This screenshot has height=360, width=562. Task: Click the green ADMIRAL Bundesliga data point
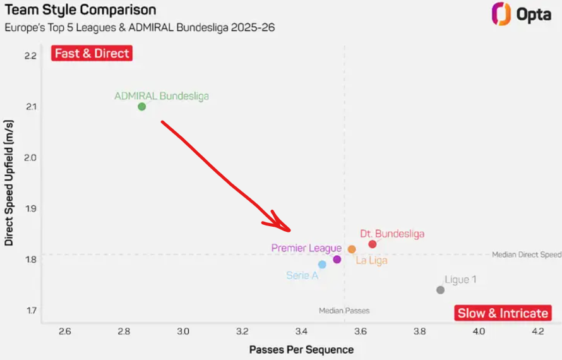pos(142,106)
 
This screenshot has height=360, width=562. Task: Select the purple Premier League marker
pos(337,259)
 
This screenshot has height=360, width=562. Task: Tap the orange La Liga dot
pos(352,249)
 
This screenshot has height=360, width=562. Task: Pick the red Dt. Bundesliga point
pos(373,244)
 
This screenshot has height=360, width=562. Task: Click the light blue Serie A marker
pos(322,265)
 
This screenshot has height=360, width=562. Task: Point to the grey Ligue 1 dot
pos(440,290)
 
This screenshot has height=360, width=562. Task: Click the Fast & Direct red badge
pos(92,53)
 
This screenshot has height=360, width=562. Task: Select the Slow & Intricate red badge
pos(503,313)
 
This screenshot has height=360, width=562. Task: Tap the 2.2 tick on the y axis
pos(30,56)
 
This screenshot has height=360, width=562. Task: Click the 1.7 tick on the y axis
pos(30,310)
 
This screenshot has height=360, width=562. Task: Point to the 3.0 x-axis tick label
pos(183,331)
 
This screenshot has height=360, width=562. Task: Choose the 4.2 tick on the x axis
pos(537,331)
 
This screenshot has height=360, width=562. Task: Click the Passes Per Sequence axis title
pos(301,349)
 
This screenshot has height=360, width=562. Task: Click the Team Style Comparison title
pos(81,10)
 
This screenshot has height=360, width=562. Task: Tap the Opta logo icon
pos(501,14)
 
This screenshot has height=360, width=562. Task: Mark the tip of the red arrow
pos(290,229)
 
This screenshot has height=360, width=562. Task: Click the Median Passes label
pos(344,311)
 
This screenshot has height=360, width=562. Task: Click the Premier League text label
pos(306,248)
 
